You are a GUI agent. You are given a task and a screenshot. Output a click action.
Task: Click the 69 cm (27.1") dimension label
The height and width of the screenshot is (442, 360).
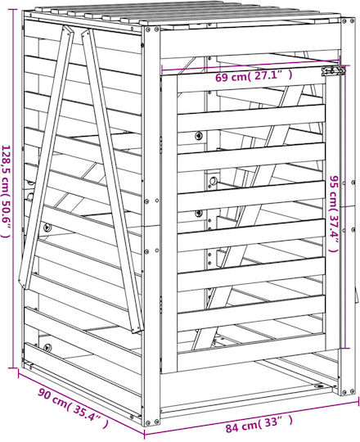[x=254, y=76]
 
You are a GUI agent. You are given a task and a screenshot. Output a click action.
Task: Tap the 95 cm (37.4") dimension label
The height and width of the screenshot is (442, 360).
[x=334, y=214]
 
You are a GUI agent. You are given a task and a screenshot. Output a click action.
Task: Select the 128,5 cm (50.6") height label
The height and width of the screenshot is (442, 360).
[x=7, y=192]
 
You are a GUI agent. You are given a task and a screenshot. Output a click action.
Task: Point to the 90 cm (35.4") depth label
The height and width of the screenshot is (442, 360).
[x=73, y=405]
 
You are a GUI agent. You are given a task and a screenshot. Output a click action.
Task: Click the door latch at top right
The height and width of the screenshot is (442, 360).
[x=333, y=70]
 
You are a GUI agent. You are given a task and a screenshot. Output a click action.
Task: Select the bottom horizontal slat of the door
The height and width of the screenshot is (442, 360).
[x=250, y=313]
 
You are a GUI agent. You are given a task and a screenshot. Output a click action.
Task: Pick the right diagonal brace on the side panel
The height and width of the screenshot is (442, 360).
[x=113, y=180]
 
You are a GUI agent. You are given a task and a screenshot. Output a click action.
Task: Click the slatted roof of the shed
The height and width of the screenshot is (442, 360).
[x=183, y=16]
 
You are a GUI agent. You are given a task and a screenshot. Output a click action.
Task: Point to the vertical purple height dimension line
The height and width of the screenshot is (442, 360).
[x=13, y=188]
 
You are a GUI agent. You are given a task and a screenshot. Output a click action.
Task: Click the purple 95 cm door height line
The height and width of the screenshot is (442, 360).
[x=343, y=207]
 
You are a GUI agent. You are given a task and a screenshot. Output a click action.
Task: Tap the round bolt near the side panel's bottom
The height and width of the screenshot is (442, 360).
[x=47, y=347]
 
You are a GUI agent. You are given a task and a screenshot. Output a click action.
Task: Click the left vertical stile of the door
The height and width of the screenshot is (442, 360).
[x=169, y=223]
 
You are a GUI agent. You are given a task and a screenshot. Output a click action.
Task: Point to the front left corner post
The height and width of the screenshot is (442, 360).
[x=151, y=226]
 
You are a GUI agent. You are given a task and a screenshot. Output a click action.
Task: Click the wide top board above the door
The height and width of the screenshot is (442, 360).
[x=250, y=43]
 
